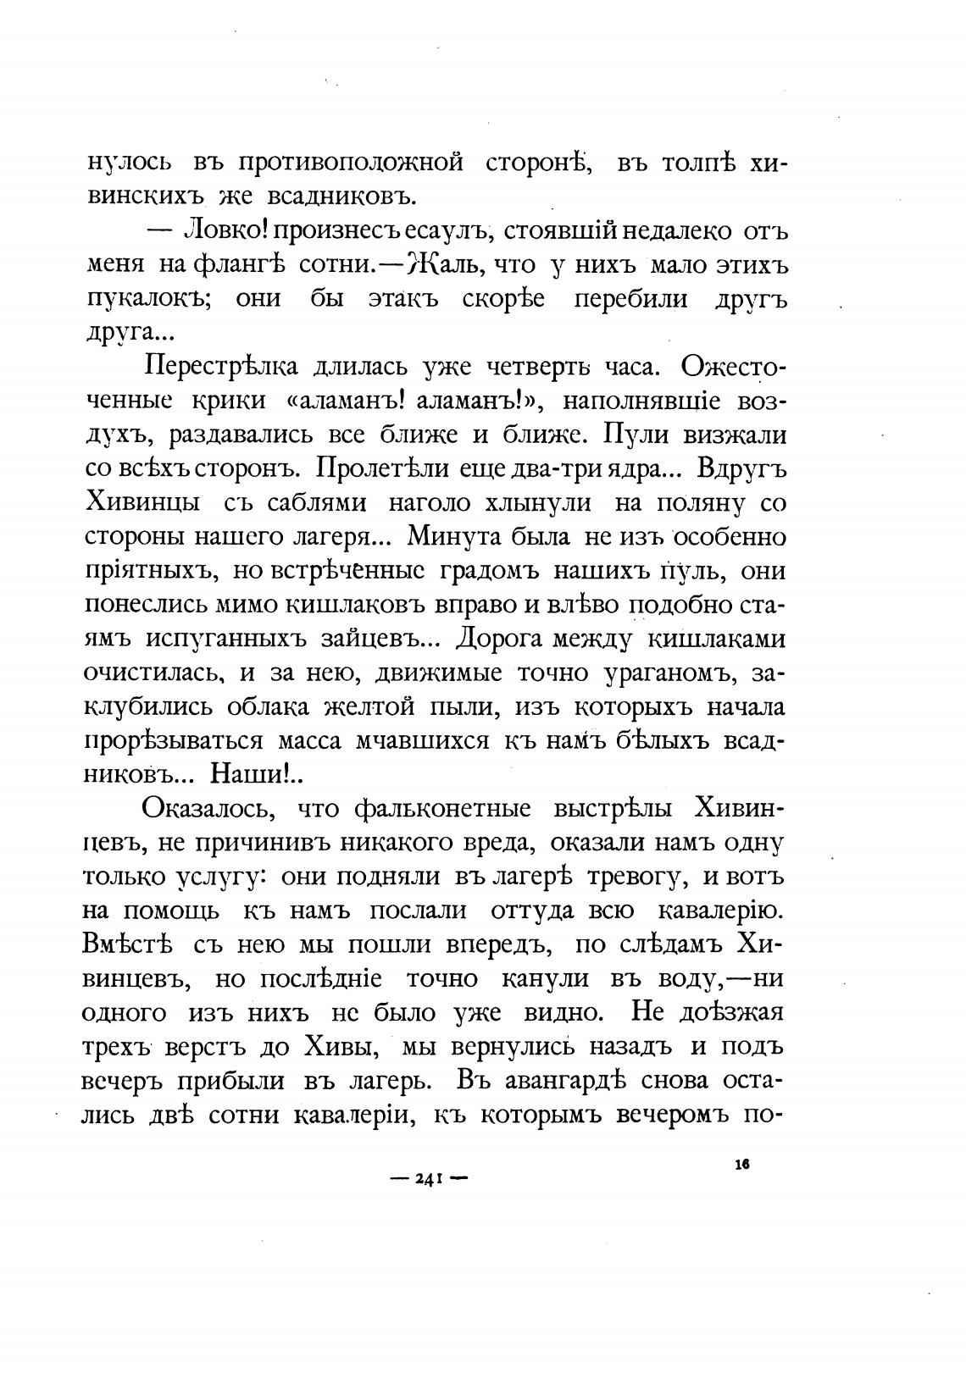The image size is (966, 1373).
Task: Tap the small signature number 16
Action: click(x=742, y=1164)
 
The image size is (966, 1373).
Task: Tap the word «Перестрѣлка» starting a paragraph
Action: click(x=223, y=368)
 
